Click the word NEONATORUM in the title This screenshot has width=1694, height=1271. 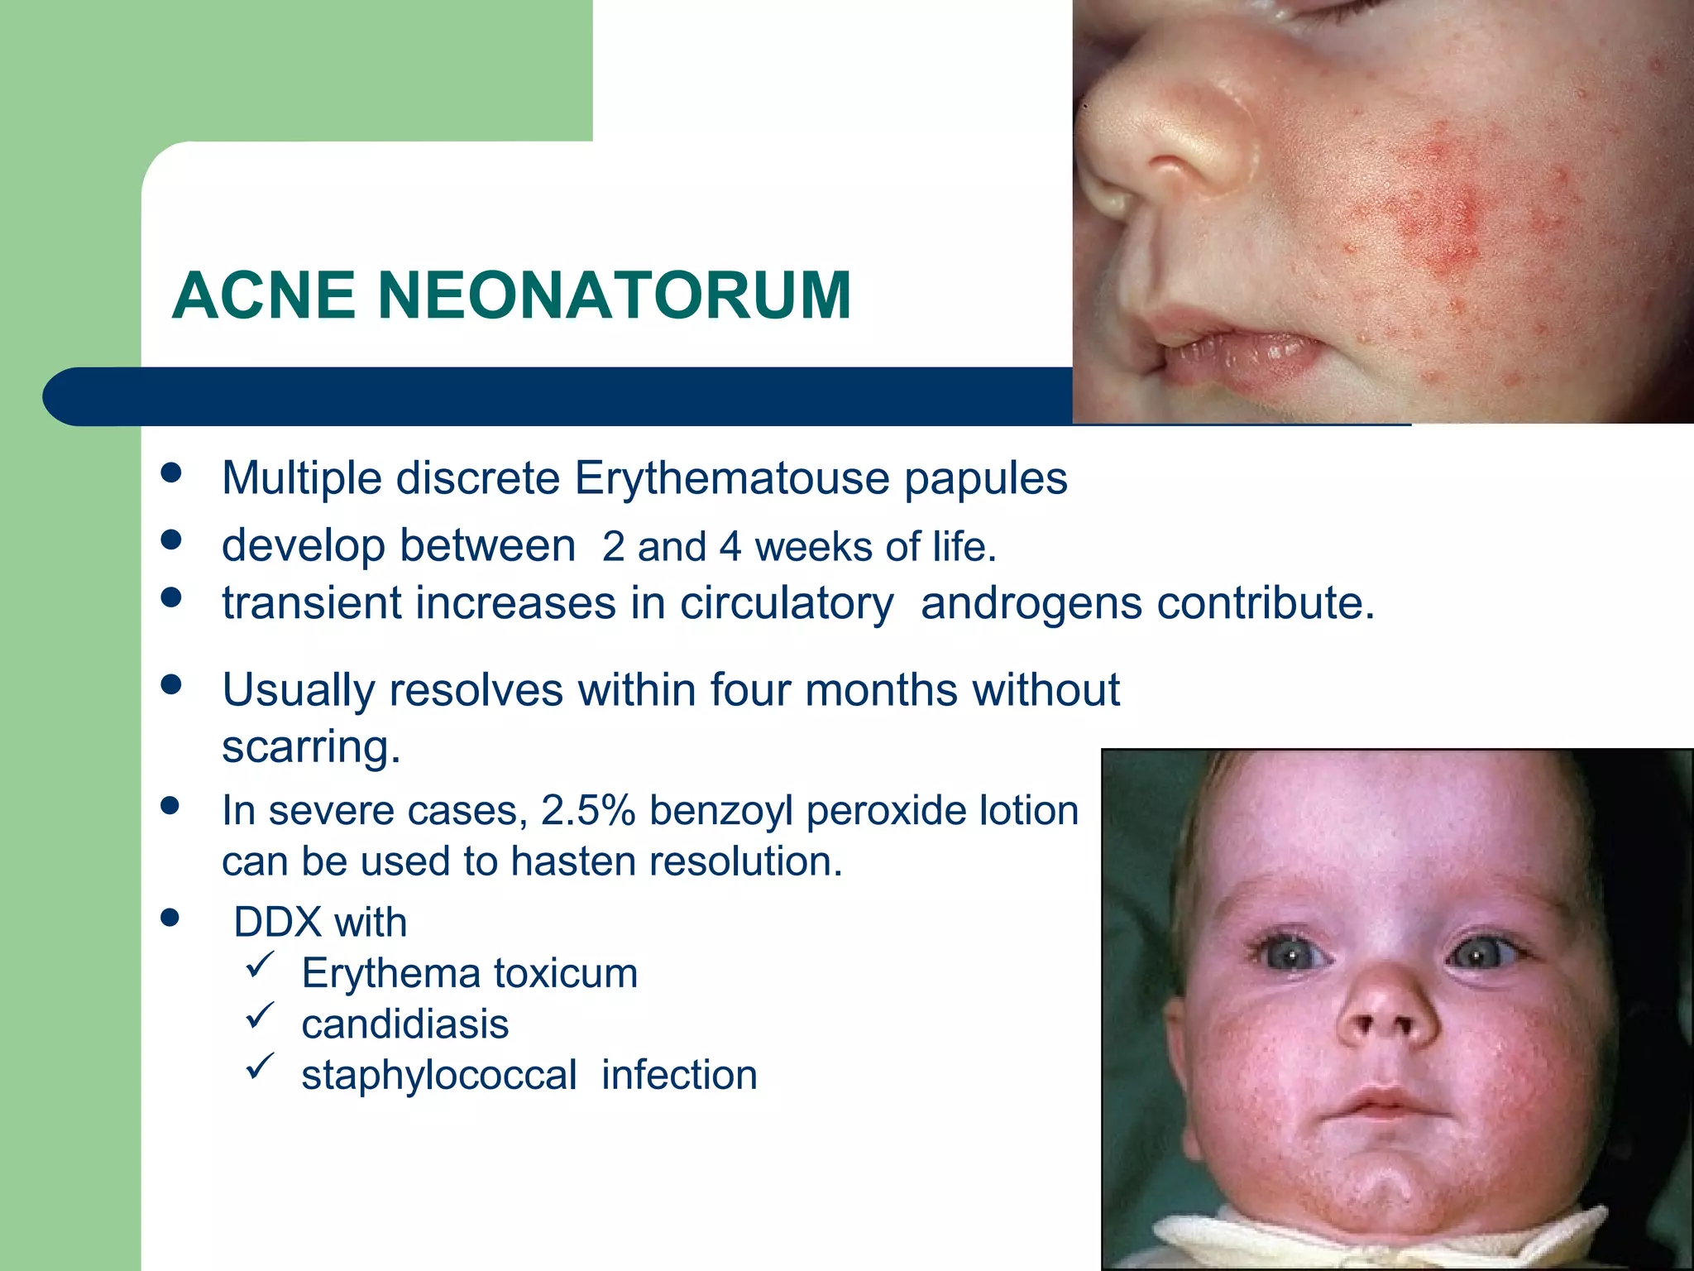click(615, 295)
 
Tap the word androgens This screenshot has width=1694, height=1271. click(1031, 602)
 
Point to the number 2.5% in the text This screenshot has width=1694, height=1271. click(587, 811)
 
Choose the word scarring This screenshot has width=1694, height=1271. click(311, 746)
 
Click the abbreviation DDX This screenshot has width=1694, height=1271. click(278, 922)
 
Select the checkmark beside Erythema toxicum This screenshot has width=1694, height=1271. click(260, 965)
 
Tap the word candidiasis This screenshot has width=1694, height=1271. click(405, 1024)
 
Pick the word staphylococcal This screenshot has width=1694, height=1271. click(439, 1076)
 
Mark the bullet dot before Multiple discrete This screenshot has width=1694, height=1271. click(171, 472)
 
